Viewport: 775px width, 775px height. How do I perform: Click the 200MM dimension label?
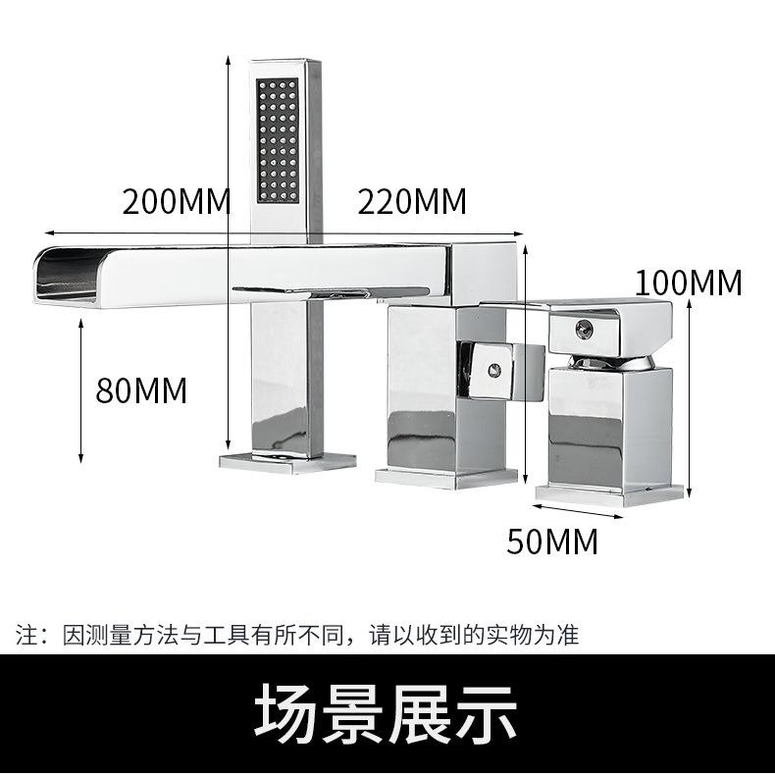tap(176, 202)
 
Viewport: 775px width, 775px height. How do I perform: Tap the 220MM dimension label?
tap(411, 202)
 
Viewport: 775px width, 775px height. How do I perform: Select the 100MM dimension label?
tap(688, 283)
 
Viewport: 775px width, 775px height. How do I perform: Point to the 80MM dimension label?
tap(140, 389)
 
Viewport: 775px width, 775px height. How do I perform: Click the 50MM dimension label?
tap(551, 541)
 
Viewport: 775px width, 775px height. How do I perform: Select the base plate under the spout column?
tap(285, 459)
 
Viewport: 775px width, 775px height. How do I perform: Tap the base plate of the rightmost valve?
tap(609, 493)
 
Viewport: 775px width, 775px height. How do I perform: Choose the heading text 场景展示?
tap(386, 713)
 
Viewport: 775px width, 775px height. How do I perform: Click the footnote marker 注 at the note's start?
tap(26, 635)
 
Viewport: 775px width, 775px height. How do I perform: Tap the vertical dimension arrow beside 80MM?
tap(80, 392)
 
